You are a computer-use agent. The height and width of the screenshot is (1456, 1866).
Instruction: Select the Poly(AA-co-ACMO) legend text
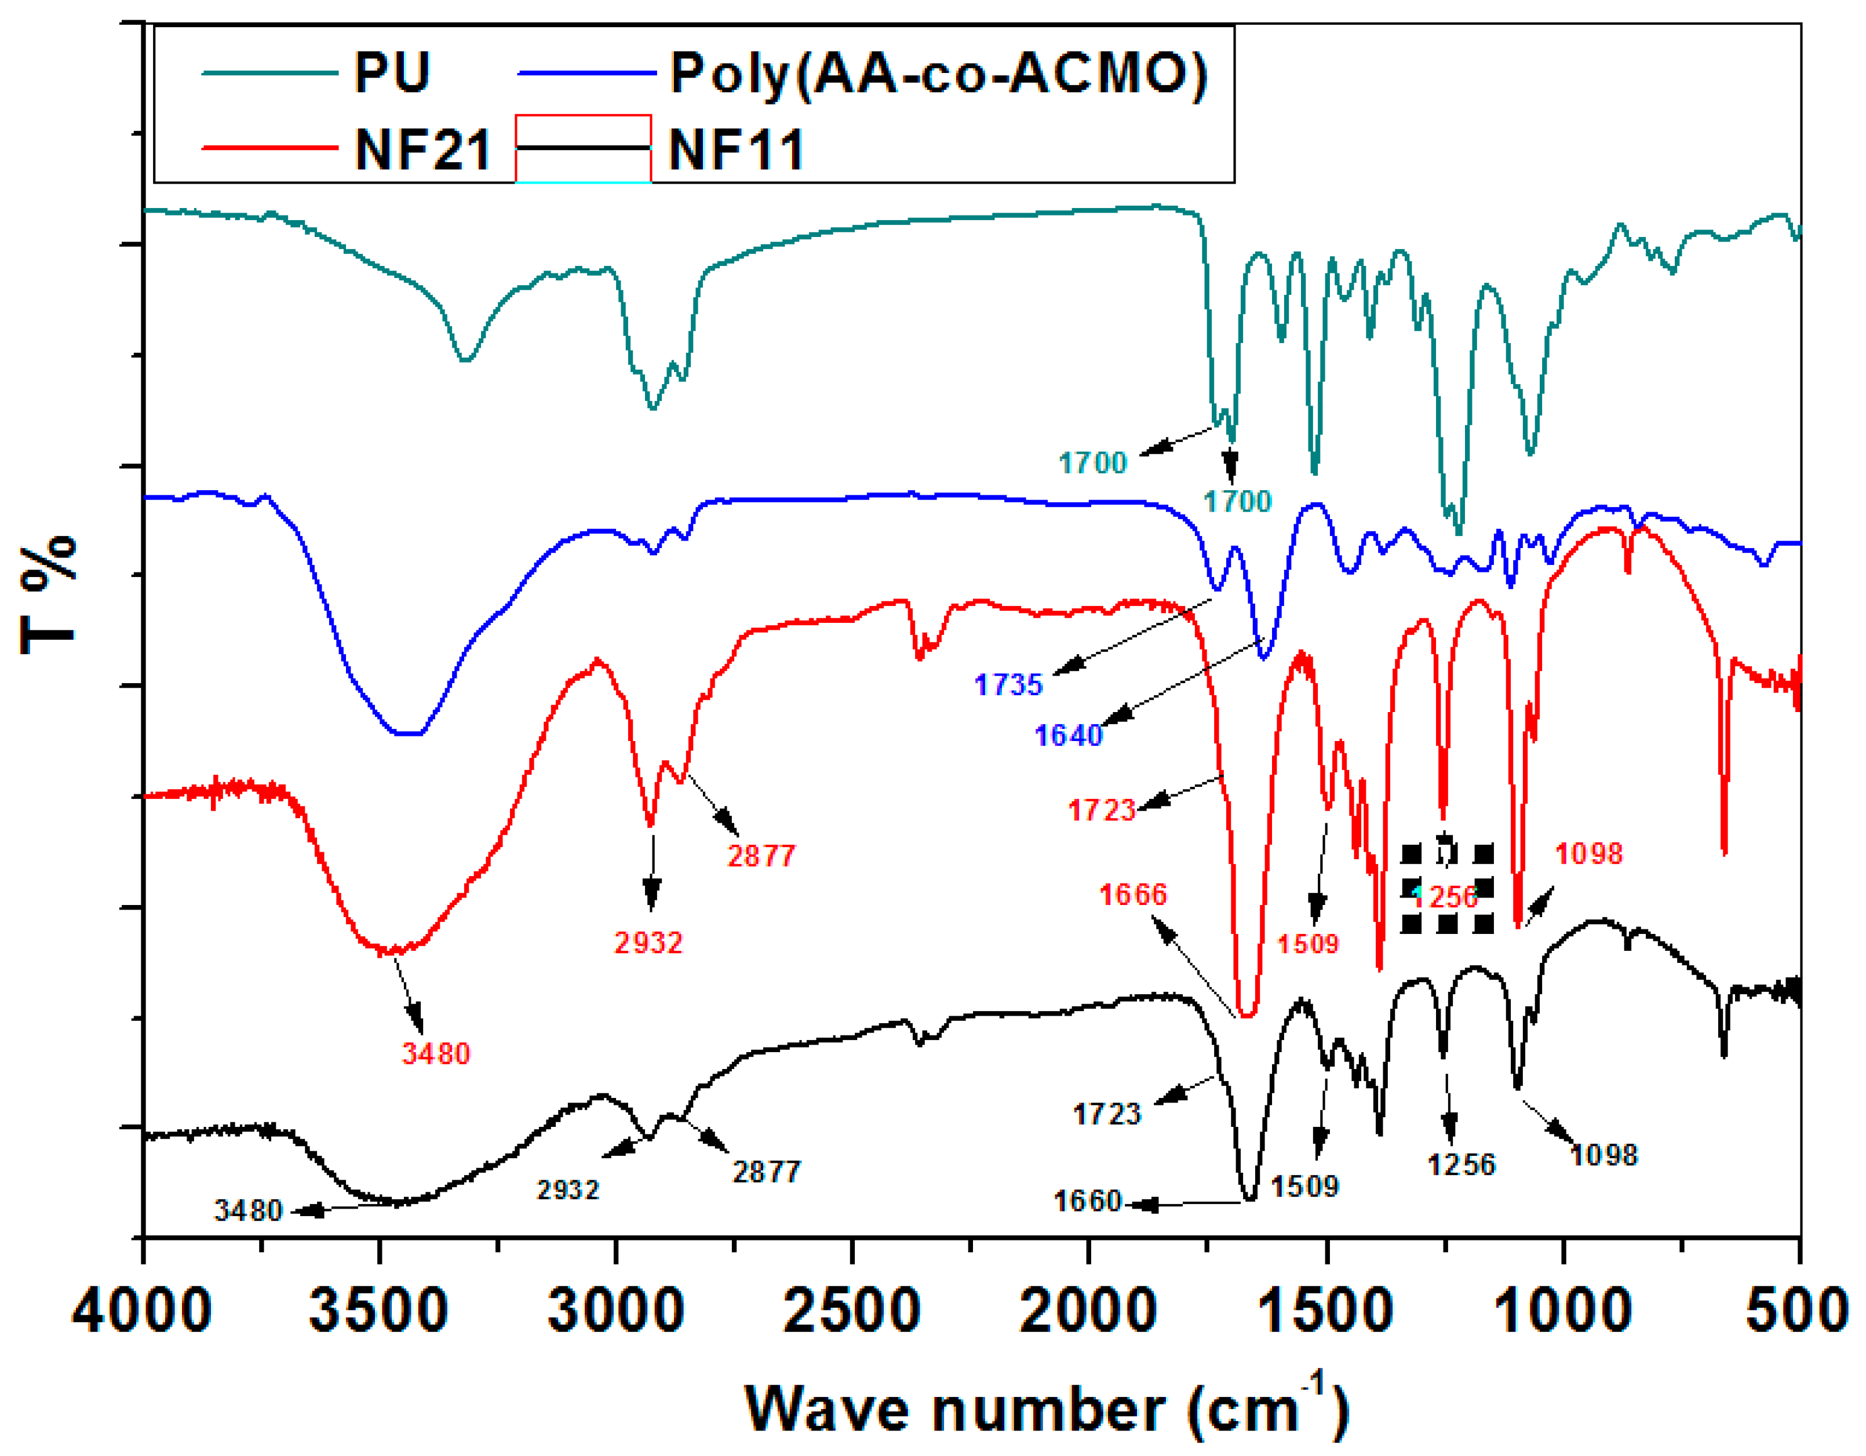tap(939, 74)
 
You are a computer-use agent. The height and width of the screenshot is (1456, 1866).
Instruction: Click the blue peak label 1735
tap(1008, 684)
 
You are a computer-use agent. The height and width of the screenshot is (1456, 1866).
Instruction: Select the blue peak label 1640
tap(1068, 736)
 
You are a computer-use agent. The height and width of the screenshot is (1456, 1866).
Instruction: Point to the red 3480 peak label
tap(436, 1053)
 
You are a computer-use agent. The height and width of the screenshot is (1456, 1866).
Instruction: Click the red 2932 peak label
tap(648, 943)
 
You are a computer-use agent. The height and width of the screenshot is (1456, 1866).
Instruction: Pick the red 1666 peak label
tap(1132, 895)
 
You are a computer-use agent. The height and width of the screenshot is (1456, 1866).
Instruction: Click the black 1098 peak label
tap(1603, 1155)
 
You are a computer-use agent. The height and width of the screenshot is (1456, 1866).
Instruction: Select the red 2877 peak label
tap(761, 856)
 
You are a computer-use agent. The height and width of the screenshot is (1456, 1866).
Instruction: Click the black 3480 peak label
tap(248, 1211)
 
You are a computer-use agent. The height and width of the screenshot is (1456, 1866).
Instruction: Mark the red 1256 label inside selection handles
tap(1446, 897)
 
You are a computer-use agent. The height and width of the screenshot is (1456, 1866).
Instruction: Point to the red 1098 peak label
tap(1588, 853)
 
